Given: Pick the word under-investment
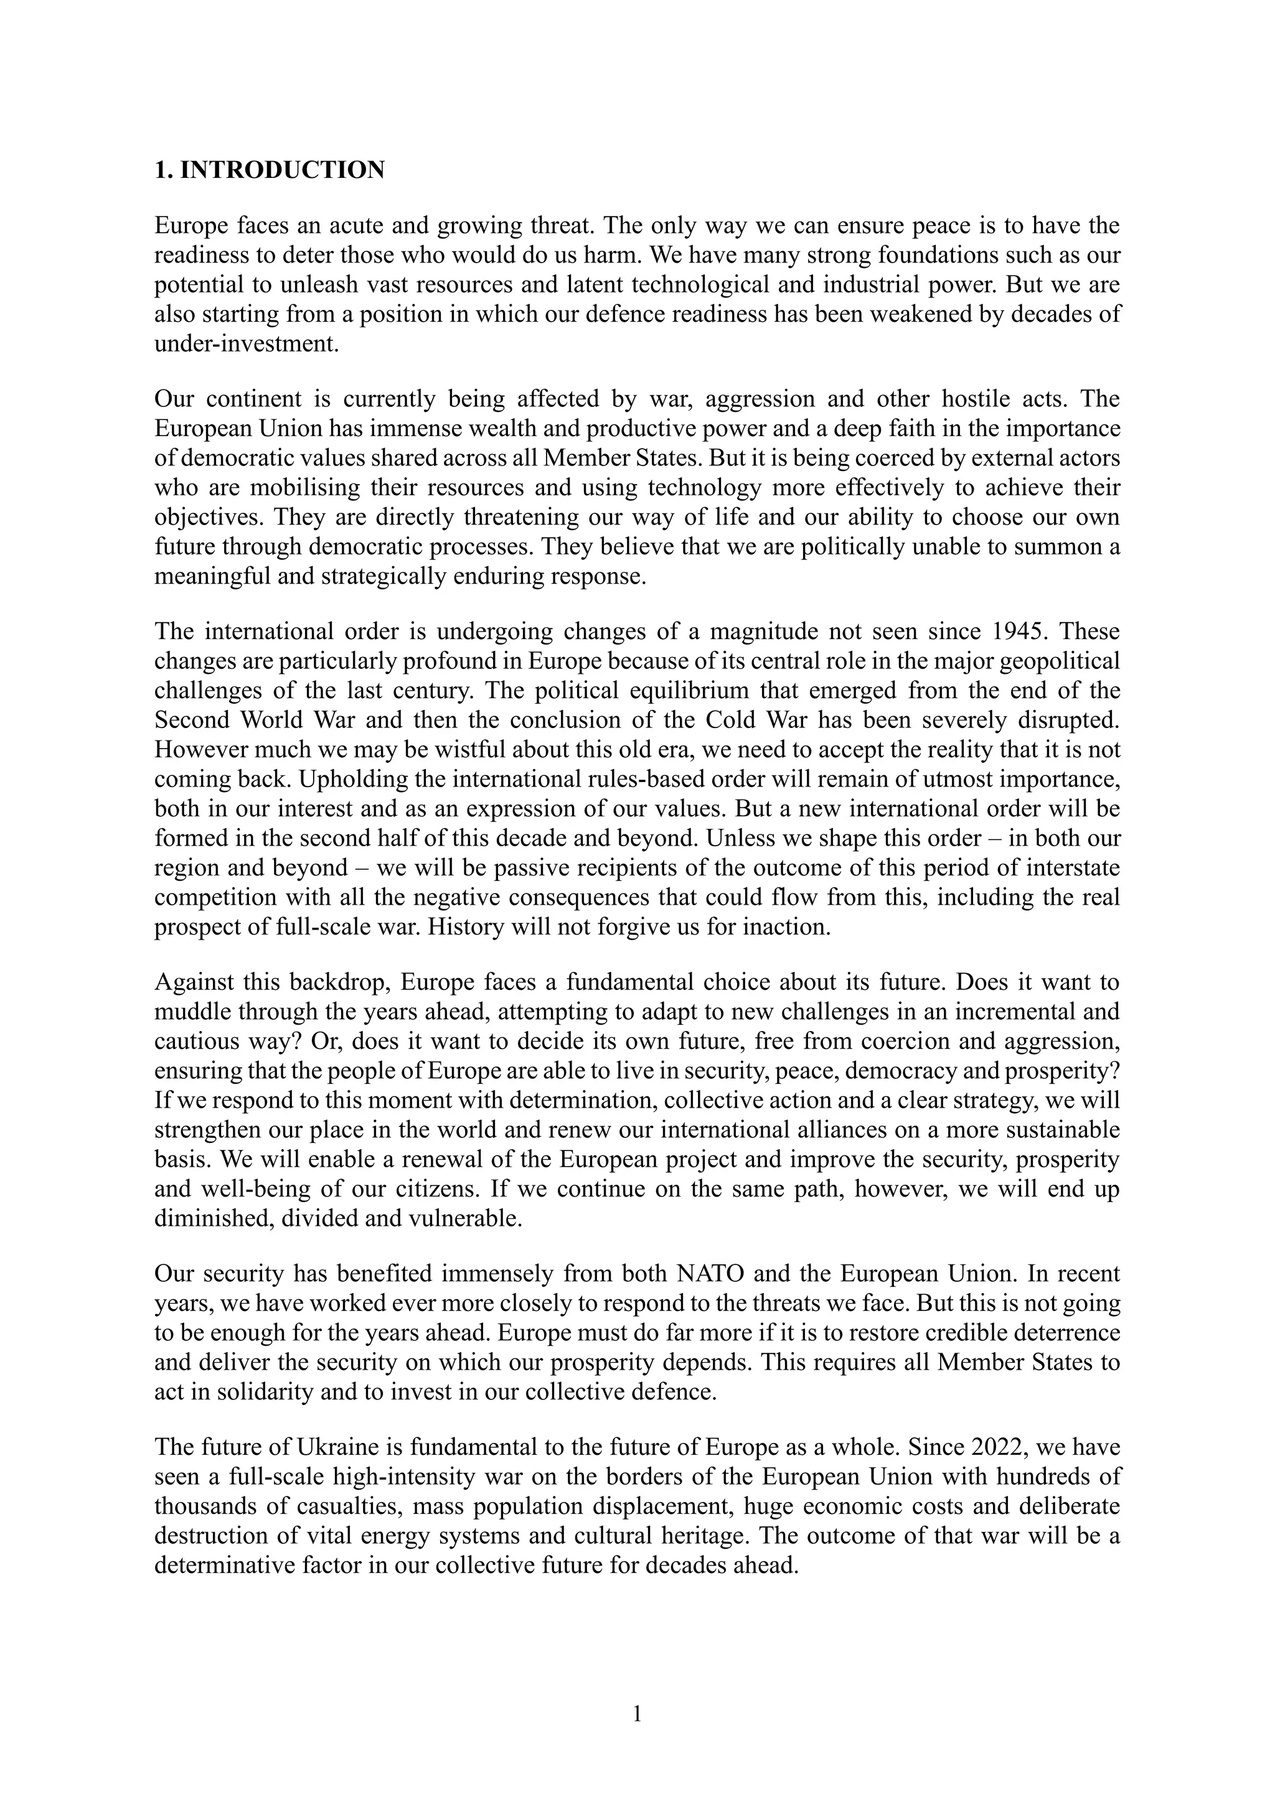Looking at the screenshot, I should pos(247,343).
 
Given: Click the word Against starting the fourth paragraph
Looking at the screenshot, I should pos(194,983).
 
